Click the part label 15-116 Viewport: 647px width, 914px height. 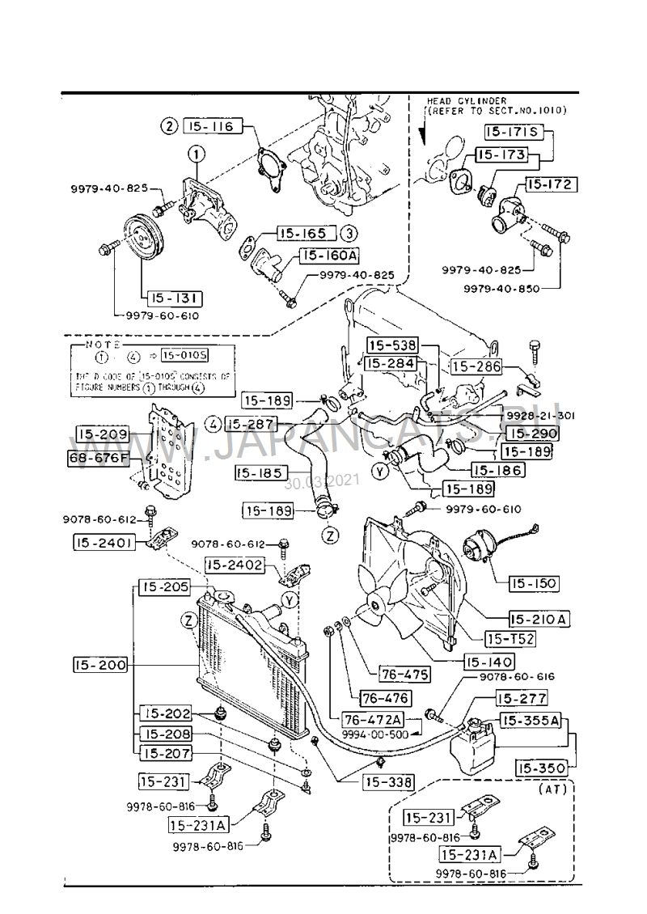click(212, 126)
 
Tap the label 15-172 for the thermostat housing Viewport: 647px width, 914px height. click(551, 184)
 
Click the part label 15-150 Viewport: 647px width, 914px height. click(535, 582)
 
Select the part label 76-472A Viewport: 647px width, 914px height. click(372, 718)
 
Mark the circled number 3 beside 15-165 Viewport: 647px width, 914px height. click(348, 233)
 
